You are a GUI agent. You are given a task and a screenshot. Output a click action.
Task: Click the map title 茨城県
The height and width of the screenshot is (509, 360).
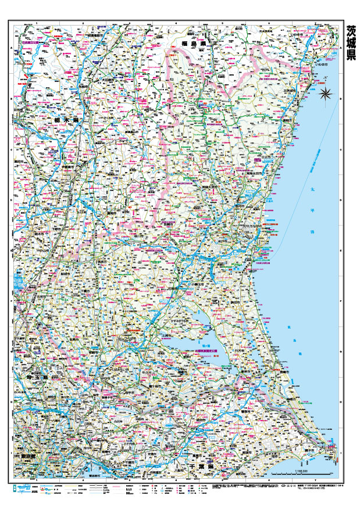click(350, 42)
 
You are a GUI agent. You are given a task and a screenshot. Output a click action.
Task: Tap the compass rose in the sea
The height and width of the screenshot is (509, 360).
click(326, 92)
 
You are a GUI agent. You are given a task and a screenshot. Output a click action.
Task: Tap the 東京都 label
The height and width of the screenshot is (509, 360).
click(26, 456)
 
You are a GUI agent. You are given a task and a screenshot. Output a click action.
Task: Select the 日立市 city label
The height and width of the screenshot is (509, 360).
click(267, 157)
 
